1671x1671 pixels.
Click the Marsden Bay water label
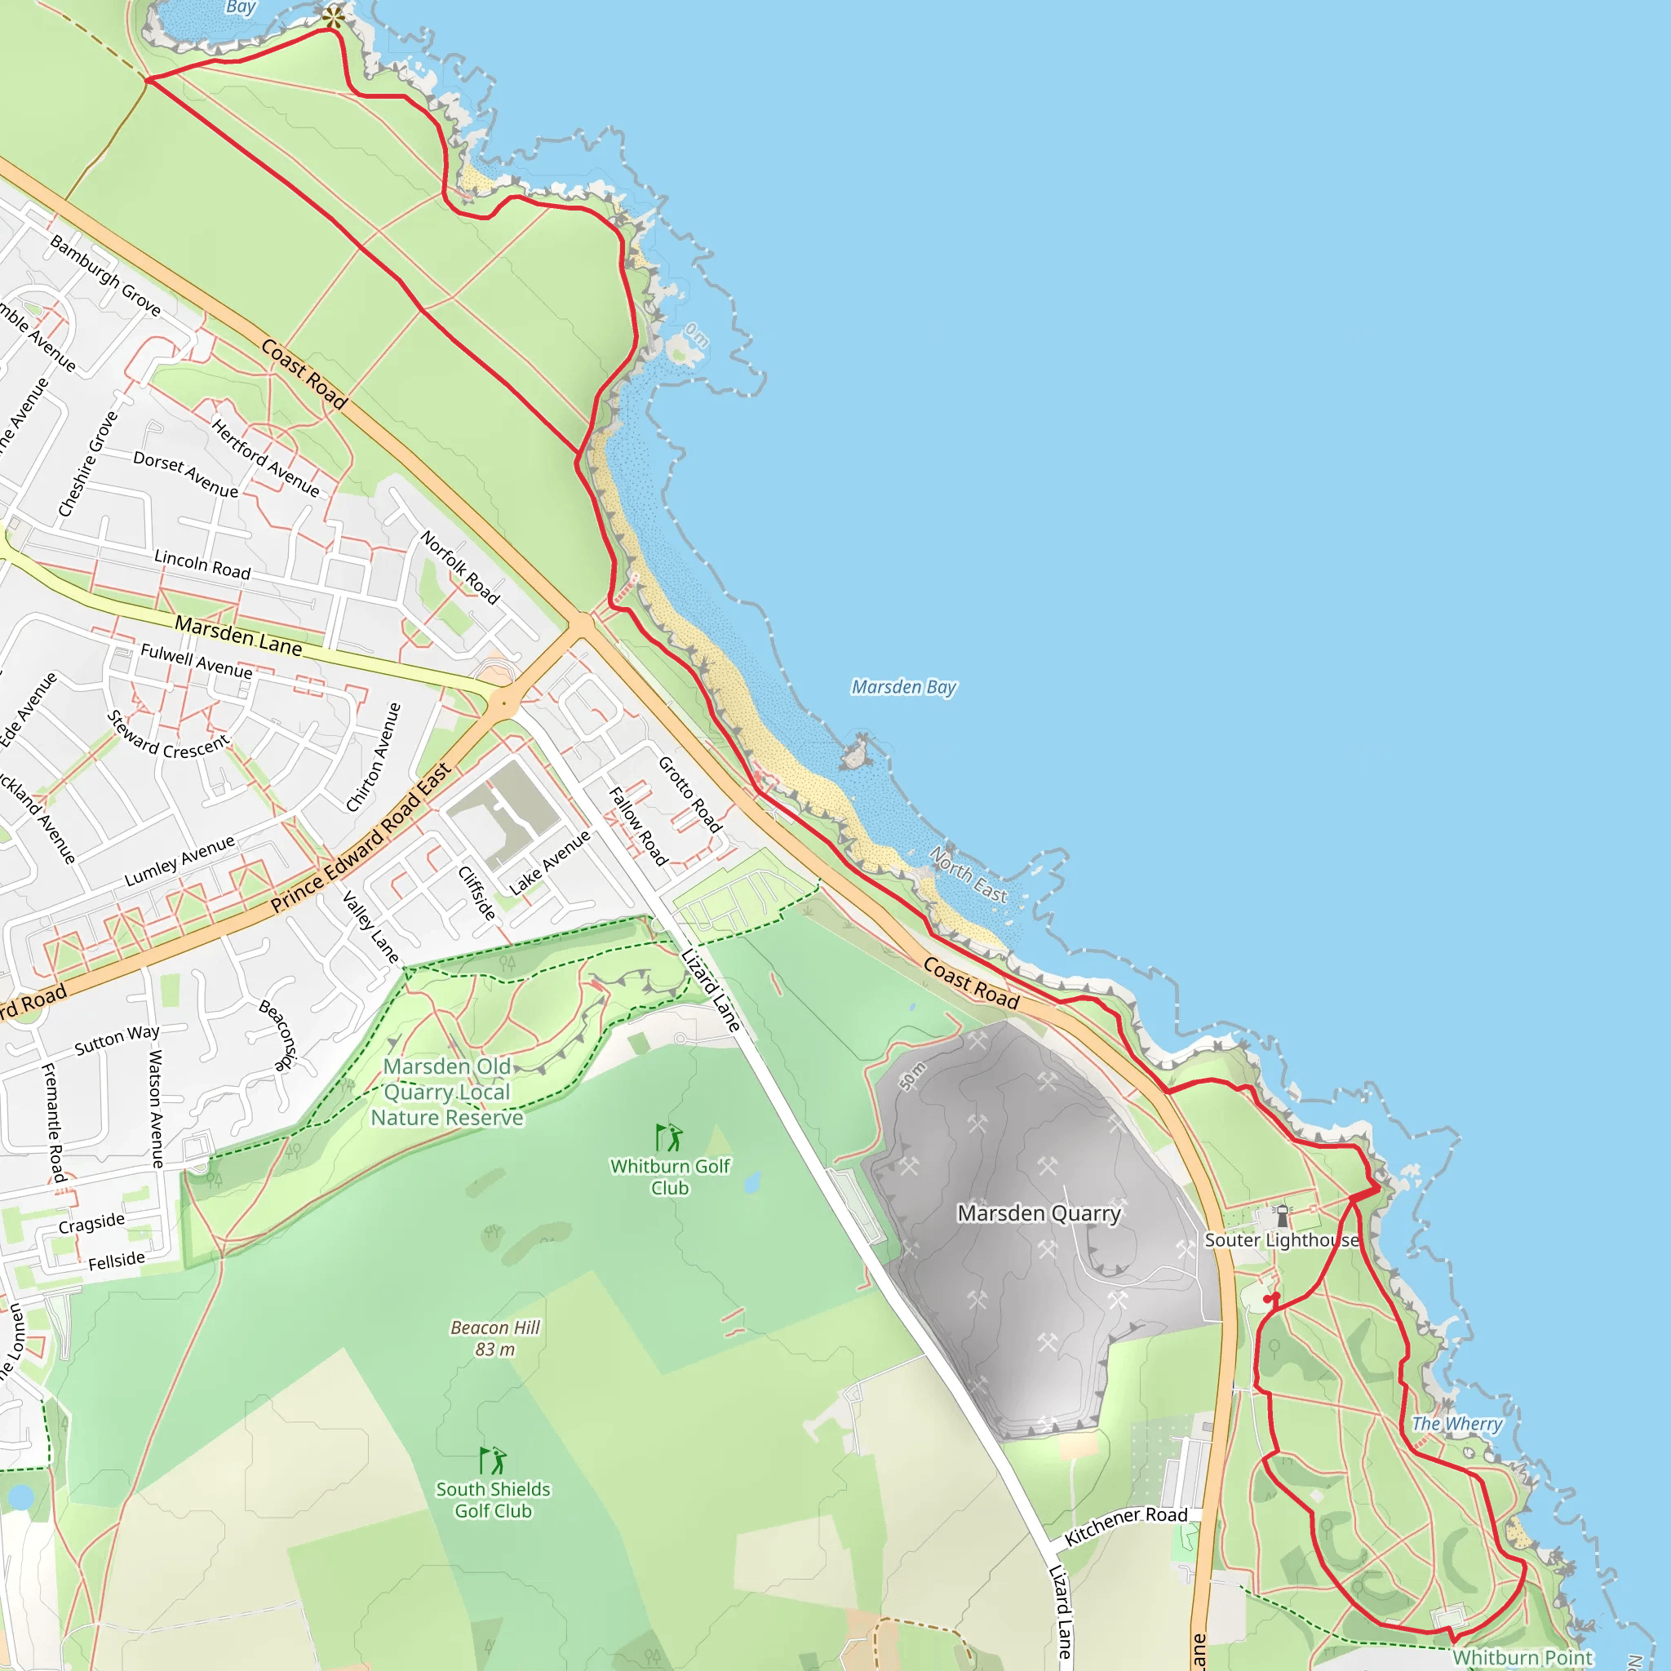[904, 687]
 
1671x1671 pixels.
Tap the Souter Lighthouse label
[1281, 1240]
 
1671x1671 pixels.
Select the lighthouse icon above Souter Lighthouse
[1282, 1216]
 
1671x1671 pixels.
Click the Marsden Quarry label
[1039, 1213]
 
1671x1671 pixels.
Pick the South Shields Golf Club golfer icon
[493, 1460]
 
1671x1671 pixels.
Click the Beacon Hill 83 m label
[494, 1338]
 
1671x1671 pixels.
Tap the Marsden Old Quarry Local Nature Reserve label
[447, 1093]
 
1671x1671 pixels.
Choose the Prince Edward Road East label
[361, 838]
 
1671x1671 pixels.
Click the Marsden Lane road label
[238, 636]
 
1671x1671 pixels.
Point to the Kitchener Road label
[1125, 1526]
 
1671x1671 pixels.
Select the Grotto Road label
[689, 794]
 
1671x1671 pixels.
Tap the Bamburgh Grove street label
[105, 276]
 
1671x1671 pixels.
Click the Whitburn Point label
[1523, 1657]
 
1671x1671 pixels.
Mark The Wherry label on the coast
[1456, 1424]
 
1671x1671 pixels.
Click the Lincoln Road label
[202, 565]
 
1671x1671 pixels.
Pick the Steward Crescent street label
[168, 736]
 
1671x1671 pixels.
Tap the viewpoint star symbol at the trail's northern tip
[333, 15]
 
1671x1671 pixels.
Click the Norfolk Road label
[460, 567]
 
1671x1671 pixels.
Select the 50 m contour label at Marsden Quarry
[911, 1076]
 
